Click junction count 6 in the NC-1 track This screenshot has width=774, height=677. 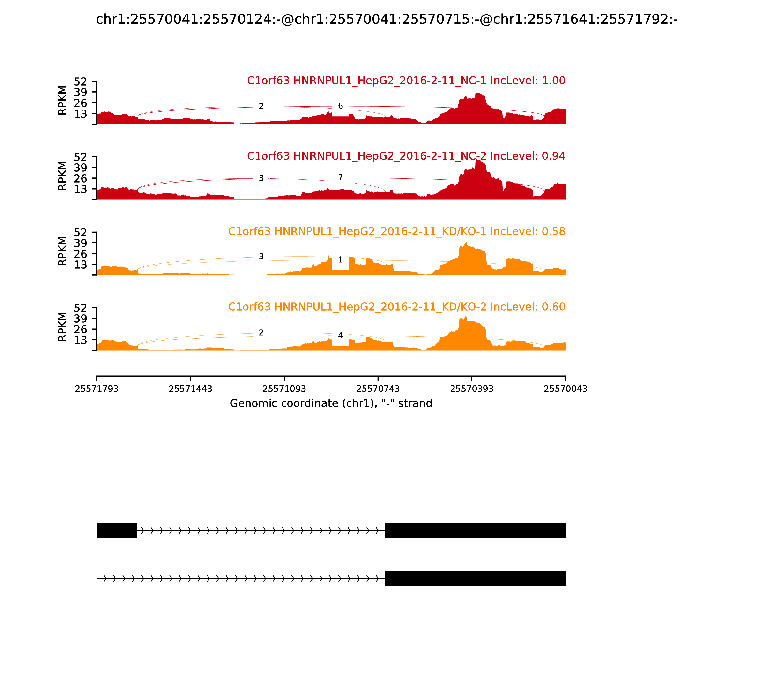click(340, 106)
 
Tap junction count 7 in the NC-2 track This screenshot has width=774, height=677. click(340, 177)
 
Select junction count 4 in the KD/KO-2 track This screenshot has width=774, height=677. click(340, 335)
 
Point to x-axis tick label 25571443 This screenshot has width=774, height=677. click(191, 389)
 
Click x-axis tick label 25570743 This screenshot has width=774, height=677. click(378, 389)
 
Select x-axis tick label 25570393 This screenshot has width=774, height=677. click(472, 389)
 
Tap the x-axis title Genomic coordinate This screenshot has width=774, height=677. click(331, 404)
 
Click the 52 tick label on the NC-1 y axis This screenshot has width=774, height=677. click(80, 82)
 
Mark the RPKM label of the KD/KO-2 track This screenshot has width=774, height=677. click(62, 327)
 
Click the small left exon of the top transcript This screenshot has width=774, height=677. click(117, 530)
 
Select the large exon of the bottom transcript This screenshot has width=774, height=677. click(475, 578)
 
